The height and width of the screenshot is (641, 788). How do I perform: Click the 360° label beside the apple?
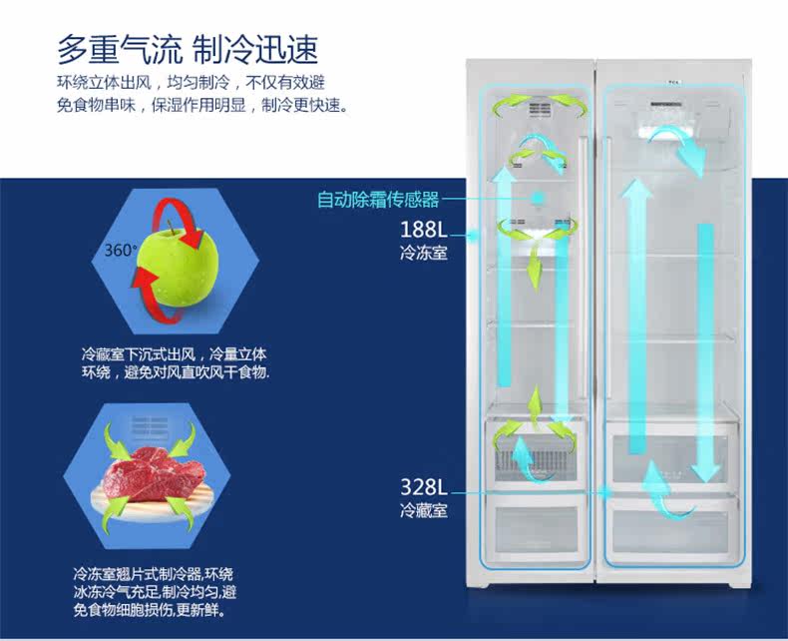[x=121, y=250]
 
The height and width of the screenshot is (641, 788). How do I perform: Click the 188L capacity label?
[x=423, y=229]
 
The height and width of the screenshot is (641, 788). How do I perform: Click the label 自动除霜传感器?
[x=378, y=200]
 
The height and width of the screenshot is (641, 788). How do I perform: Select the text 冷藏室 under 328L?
[x=423, y=511]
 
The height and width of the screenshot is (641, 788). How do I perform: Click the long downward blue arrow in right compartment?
[x=705, y=349]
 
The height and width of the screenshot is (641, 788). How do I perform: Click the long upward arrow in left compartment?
[x=505, y=280]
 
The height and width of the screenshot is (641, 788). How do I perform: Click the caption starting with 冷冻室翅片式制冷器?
[x=154, y=591]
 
